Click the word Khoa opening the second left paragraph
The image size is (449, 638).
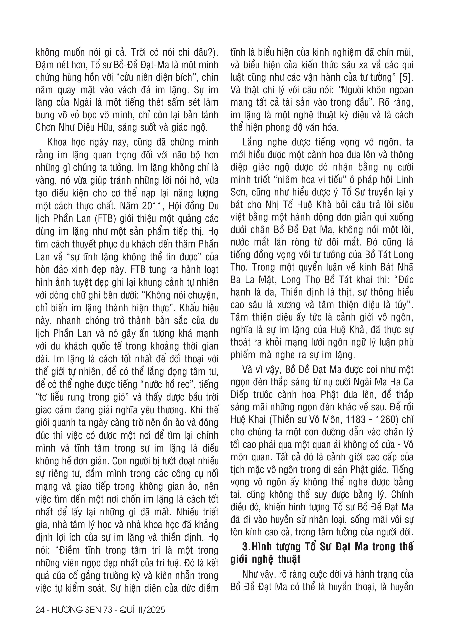(x=57, y=142)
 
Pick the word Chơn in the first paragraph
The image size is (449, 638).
(x=45, y=128)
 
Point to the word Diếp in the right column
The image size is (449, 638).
(x=240, y=395)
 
